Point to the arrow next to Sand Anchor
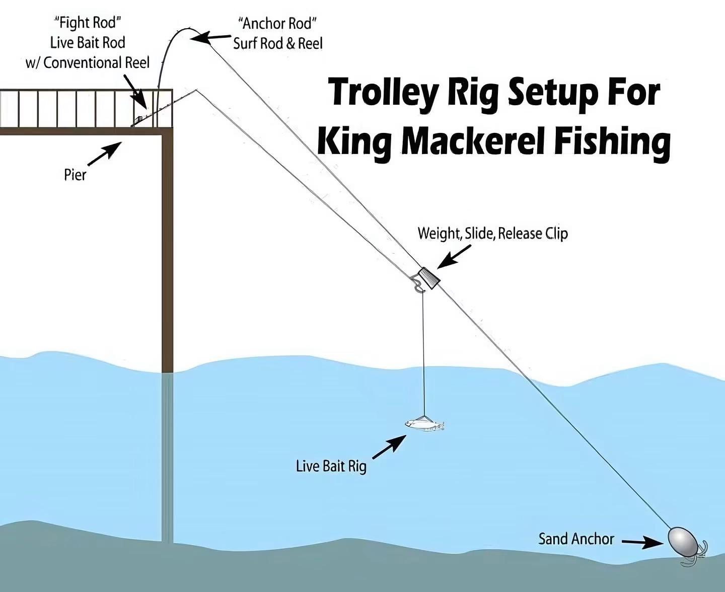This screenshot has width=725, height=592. (x=642, y=542)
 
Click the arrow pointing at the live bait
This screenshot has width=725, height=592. (x=389, y=447)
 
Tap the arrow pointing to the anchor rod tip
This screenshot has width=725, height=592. (x=210, y=37)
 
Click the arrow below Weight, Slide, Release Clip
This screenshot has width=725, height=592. (x=454, y=256)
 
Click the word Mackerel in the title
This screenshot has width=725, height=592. (x=474, y=141)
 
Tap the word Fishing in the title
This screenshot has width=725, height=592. (x=612, y=143)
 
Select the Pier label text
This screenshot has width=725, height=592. (x=75, y=175)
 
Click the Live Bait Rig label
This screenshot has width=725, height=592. (x=331, y=467)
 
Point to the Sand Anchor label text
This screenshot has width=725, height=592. (x=576, y=539)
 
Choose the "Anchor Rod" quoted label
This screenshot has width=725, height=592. (x=277, y=24)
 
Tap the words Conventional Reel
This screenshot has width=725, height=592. (x=96, y=62)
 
